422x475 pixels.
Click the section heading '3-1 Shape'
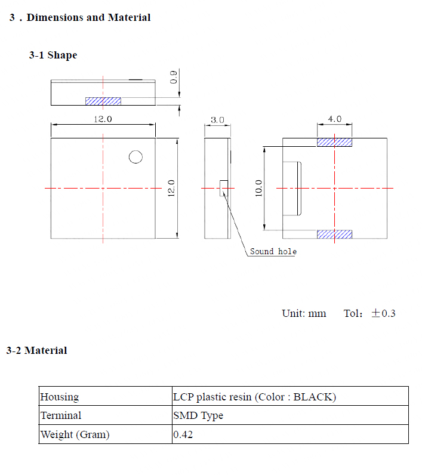pos(53,55)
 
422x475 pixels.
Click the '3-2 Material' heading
pos(36,350)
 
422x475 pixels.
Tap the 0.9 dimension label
pos(173,77)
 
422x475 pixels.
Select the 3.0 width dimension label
pos(217,120)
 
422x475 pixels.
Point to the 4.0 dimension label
pos(335,119)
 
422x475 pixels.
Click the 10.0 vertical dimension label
pos(258,188)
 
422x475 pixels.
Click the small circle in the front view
pos(135,157)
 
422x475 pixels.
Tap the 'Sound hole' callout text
pos(273,251)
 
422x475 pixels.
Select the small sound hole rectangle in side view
pos(224,188)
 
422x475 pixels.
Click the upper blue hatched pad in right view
pos(334,142)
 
